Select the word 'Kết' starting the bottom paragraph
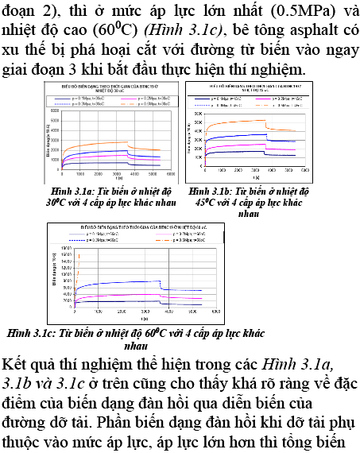[17, 362]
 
